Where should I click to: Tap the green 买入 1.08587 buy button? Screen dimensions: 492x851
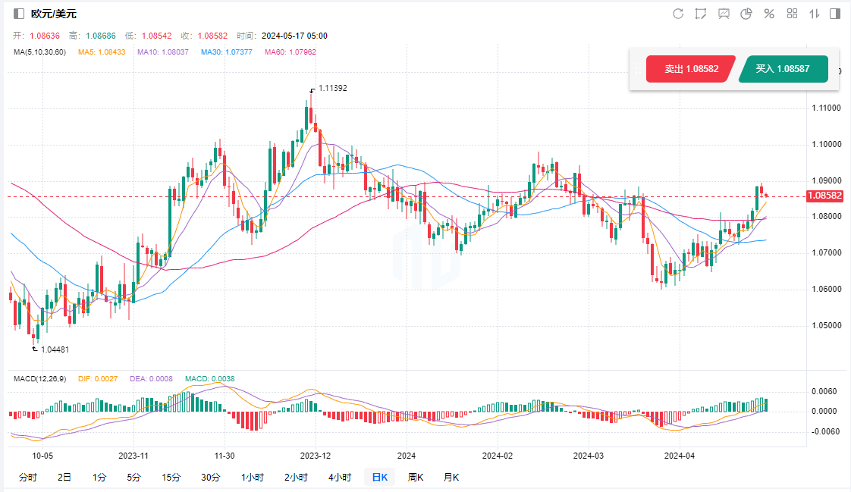782,69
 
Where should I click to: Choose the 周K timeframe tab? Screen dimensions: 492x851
415,477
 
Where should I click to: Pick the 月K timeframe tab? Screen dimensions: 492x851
451,477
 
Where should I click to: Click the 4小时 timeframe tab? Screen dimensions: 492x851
340,477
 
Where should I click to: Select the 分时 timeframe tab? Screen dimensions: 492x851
27,477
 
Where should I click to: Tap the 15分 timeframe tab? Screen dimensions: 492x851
171,477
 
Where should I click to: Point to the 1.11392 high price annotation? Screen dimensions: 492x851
332,88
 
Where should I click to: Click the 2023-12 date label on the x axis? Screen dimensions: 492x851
316,456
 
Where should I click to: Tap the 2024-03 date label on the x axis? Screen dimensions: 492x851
588,456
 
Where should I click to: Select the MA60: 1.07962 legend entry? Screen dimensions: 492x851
290,52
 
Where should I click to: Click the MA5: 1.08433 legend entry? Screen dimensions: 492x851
103,52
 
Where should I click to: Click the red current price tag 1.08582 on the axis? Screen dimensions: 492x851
825,196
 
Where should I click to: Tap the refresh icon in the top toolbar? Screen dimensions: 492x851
678,14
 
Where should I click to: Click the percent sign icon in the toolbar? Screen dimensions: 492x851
769,14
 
